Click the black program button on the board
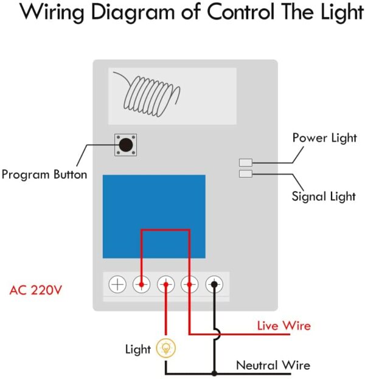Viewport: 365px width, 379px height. pyautogui.click(x=126, y=145)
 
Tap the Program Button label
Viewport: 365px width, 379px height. pyautogui.click(x=44, y=175)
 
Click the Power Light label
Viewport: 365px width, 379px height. pyautogui.click(x=324, y=138)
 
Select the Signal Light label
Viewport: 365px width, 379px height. pyautogui.click(x=323, y=196)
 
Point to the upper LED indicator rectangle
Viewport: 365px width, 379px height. pyautogui.click(x=246, y=162)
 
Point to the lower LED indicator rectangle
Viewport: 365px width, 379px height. pyautogui.click(x=246, y=174)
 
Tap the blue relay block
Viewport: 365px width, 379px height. pyautogui.click(x=153, y=216)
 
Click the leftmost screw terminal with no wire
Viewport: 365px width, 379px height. pyautogui.click(x=117, y=284)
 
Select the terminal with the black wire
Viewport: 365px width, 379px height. pyautogui.click(x=214, y=284)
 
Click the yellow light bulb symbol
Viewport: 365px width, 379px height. pyautogui.click(x=166, y=349)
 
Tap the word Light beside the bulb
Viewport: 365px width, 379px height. pyautogui.click(x=138, y=350)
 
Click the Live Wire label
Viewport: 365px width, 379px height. pyautogui.click(x=283, y=326)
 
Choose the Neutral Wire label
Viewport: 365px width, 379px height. pyautogui.click(x=273, y=366)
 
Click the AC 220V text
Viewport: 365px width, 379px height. pyautogui.click(x=36, y=290)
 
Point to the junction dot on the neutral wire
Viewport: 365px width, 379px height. pyautogui.click(x=214, y=373)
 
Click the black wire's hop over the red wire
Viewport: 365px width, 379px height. pyautogui.click(x=217, y=333)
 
